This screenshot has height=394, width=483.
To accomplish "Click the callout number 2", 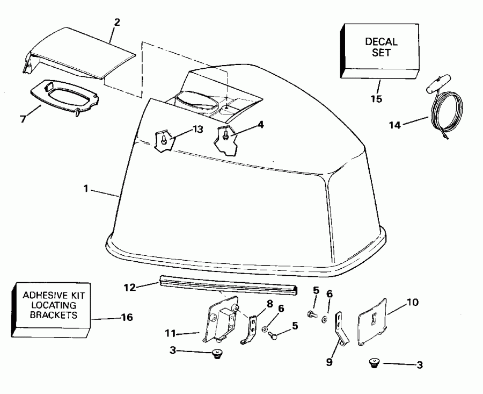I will (x=117, y=22).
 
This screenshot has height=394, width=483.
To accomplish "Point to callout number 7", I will (x=23, y=119).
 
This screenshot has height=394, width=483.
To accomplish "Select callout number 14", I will (x=395, y=125).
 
